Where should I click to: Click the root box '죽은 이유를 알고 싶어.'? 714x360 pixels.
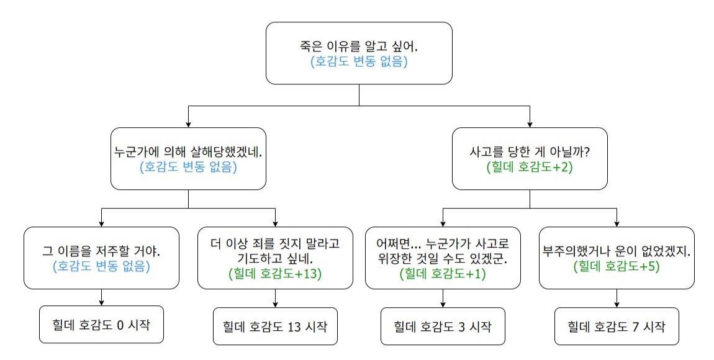coord(359,53)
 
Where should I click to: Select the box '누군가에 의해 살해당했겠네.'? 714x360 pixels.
coord(188,158)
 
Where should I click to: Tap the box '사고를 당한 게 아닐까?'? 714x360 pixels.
coord(530,158)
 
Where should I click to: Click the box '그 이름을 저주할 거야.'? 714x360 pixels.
coord(101,258)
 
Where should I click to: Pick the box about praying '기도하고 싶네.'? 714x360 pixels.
coord(275,258)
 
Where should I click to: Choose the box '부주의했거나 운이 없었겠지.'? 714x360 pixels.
coord(617,258)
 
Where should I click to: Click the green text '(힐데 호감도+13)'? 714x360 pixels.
coord(275,274)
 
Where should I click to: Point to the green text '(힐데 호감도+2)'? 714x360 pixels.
coord(530,167)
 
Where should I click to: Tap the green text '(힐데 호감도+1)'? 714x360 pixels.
coord(443,274)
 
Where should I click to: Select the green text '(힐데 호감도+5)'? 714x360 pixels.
coord(617,266)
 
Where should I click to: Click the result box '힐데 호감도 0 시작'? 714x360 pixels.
coord(101,325)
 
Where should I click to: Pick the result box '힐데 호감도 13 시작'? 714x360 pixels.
coord(275,326)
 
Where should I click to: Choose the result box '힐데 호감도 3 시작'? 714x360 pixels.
coord(443,326)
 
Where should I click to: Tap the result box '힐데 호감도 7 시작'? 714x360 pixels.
coord(617,326)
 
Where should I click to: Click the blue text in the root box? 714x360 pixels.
coord(359,61)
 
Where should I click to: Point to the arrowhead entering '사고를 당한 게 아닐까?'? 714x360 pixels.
coord(530,124)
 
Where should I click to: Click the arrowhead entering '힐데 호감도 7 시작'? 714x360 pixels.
coord(617,305)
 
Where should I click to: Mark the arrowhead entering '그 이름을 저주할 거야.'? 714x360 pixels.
coord(101,223)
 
